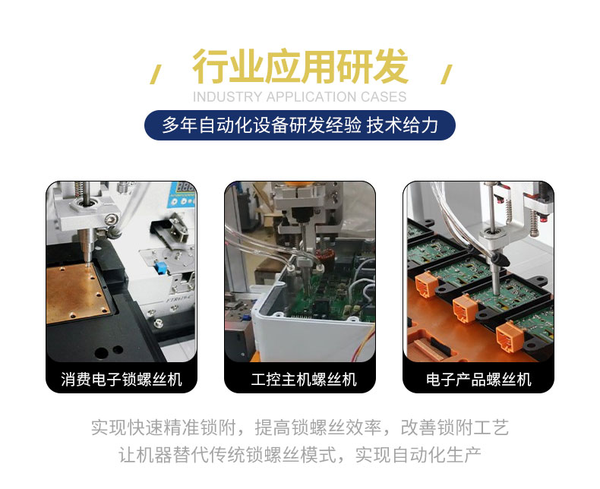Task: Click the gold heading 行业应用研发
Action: point(301,66)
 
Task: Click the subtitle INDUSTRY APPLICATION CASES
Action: point(299,96)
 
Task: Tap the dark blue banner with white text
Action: point(299,125)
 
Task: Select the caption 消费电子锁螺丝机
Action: point(122,379)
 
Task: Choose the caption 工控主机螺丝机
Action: point(304,379)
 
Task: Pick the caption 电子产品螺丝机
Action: point(478,379)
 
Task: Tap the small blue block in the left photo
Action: point(160,267)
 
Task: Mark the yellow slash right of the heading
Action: point(446,74)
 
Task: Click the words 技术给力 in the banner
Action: point(403,125)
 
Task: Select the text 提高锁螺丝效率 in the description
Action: point(317,427)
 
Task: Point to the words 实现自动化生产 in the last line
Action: point(418,455)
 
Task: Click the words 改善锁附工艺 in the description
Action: point(455,427)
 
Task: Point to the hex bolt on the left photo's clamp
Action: point(110,219)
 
